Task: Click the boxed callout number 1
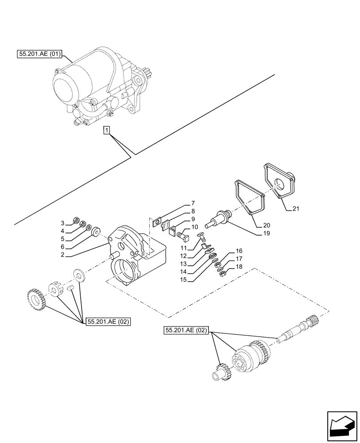pos(106,130)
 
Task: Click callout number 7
pos(193,203)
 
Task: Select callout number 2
pos(63,255)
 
